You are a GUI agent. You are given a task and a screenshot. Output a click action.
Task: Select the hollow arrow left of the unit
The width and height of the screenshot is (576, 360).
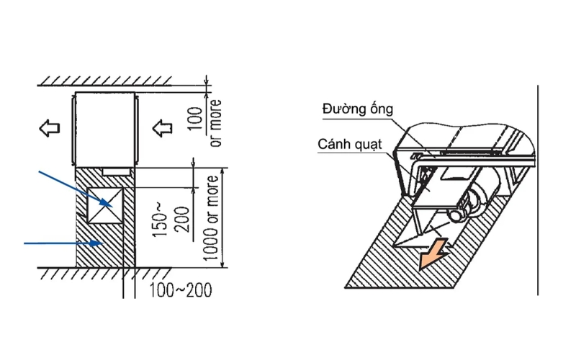tap(49, 129)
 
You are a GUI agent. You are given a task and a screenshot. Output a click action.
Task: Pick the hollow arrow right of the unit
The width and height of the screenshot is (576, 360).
tap(163, 129)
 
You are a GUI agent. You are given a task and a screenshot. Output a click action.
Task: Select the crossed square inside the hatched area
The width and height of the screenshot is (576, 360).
tap(103, 206)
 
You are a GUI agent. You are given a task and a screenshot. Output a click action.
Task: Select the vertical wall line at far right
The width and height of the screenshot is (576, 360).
tap(537, 187)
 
